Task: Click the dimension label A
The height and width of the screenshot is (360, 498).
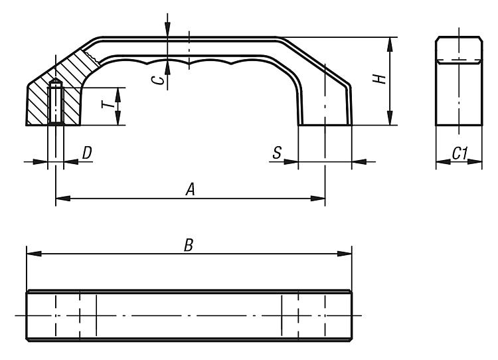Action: point(191,189)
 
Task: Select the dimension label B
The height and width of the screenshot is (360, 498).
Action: point(189,245)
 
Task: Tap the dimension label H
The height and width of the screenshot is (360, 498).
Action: point(379,79)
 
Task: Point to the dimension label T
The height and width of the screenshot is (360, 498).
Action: point(108,104)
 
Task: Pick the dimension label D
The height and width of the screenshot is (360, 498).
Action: point(87,153)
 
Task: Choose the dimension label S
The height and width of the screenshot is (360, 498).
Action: point(277,153)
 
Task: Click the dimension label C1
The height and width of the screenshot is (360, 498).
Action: point(459,153)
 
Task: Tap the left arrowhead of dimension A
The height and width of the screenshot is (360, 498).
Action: point(63,199)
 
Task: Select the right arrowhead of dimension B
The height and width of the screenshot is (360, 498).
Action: point(345,254)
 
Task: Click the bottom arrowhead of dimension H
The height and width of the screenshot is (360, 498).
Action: point(390,118)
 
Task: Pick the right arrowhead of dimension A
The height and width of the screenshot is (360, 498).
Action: point(318,199)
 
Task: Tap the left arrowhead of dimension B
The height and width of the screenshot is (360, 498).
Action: point(34,254)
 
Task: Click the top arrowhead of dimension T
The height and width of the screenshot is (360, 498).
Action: point(118,95)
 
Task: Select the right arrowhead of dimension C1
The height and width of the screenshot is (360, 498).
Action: point(475,161)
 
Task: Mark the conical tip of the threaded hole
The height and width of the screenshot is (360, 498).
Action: point(56,81)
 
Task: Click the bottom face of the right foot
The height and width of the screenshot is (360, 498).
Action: point(325,125)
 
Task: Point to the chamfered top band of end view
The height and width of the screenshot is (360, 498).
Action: point(459,50)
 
